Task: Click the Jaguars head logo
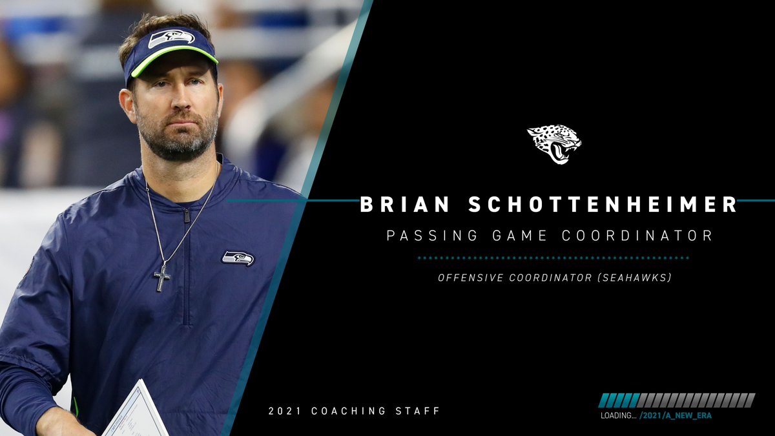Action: point(554,143)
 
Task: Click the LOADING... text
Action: point(618,415)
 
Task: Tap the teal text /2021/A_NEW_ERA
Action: point(676,415)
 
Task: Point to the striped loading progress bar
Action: point(677,400)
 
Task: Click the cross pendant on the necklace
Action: point(161,277)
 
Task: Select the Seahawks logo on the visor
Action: point(171,39)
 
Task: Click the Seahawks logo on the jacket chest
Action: point(238,258)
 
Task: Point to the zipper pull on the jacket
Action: point(187,215)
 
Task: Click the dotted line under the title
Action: point(553,258)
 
